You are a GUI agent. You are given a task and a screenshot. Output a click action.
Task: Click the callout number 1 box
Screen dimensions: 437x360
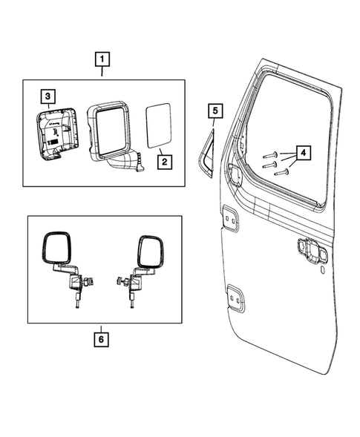[102, 57]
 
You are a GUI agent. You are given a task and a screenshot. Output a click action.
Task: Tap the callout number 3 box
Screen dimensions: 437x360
[47, 96]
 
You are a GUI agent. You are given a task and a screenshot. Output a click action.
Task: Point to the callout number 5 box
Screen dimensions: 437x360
[214, 112]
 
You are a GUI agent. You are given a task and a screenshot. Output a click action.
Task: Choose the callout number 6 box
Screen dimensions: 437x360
[102, 341]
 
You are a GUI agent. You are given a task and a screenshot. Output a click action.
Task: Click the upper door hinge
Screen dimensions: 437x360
[229, 220]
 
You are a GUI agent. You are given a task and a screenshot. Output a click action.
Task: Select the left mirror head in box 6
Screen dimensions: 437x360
[56, 248]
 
